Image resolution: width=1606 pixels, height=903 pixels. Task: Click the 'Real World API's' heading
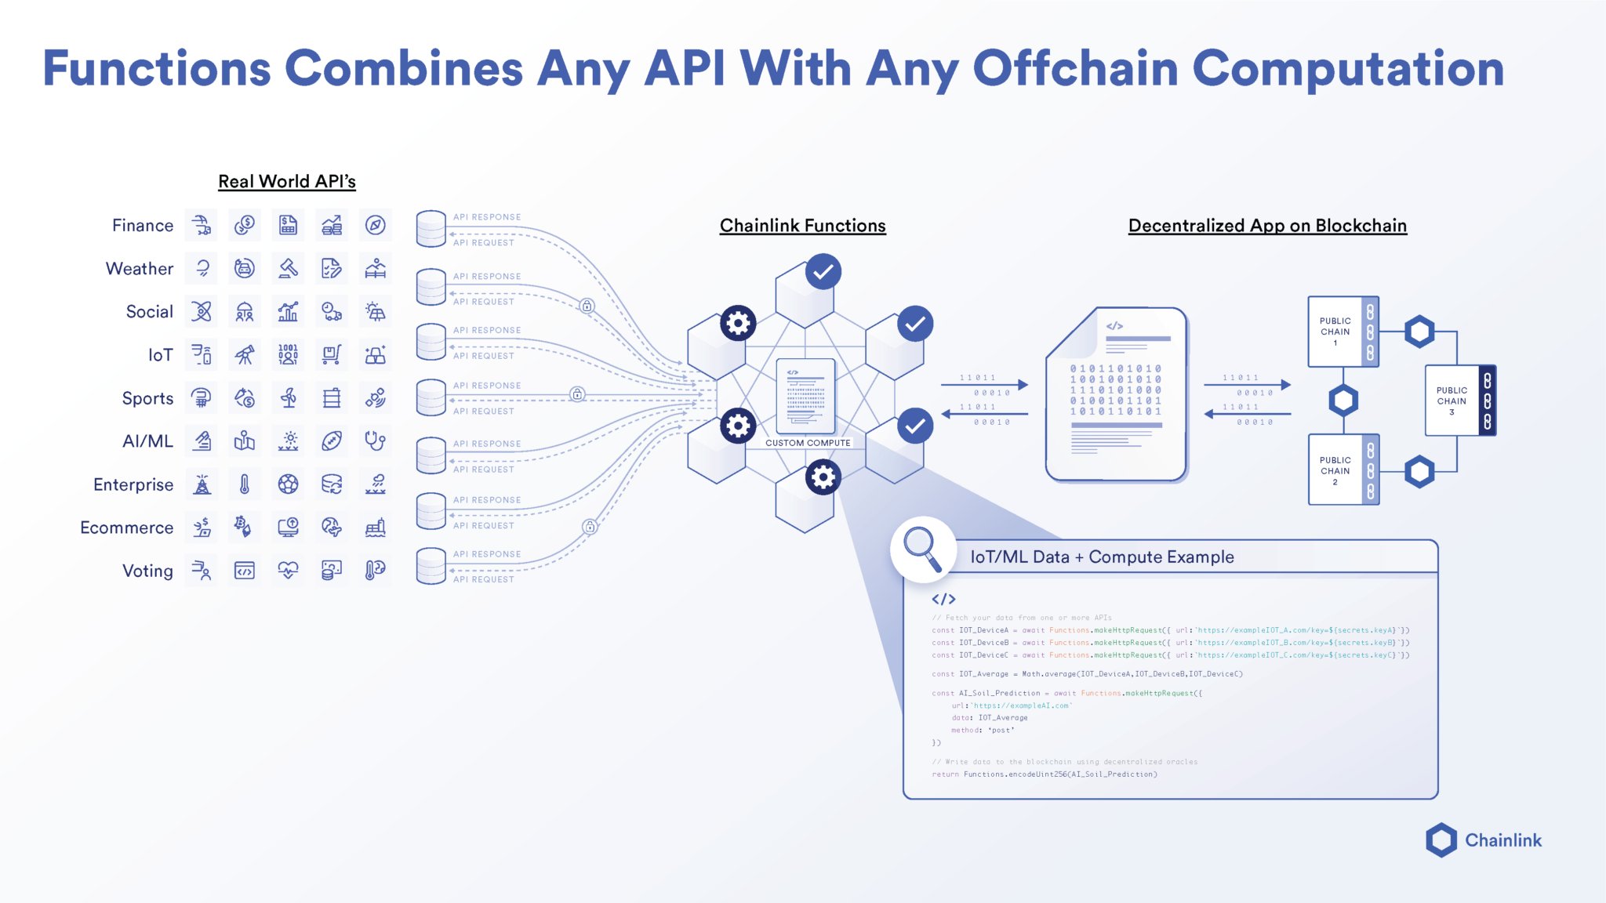pyautogui.click(x=286, y=181)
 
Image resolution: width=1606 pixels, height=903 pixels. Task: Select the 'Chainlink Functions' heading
pyautogui.click(x=802, y=226)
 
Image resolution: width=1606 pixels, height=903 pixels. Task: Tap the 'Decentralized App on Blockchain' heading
pyautogui.click(x=1267, y=226)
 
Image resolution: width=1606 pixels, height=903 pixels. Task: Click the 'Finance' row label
pyautogui.click(x=142, y=226)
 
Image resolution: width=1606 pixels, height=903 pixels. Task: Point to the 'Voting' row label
pyautogui.click(x=147, y=571)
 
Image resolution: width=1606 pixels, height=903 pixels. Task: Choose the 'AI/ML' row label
pyautogui.click(x=147, y=441)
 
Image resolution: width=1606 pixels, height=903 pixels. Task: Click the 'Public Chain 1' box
pyautogui.click(x=1335, y=332)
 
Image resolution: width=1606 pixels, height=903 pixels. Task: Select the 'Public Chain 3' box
pyautogui.click(x=1452, y=401)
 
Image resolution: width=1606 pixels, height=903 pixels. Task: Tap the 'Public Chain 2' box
pyautogui.click(x=1335, y=470)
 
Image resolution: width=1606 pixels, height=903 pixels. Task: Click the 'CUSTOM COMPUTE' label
pyautogui.click(x=808, y=443)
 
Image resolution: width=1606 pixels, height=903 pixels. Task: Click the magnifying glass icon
pyautogui.click(x=922, y=549)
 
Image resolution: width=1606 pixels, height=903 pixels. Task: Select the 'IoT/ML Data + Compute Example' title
pyautogui.click(x=1102, y=557)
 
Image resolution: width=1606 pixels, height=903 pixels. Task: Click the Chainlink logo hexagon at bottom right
pyautogui.click(x=1441, y=840)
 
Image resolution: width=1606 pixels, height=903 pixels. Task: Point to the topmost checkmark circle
pyautogui.click(x=823, y=272)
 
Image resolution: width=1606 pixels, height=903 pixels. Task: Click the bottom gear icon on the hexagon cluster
pyautogui.click(x=823, y=477)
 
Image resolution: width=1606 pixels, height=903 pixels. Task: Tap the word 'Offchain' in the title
pyautogui.click(x=1075, y=69)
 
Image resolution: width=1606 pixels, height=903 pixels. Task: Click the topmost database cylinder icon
pyautogui.click(x=431, y=228)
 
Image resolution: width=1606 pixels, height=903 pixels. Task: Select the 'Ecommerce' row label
pyautogui.click(x=126, y=528)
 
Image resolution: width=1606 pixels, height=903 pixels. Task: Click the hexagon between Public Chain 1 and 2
pyautogui.click(x=1343, y=401)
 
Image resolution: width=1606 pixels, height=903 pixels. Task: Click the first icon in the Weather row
pyautogui.click(x=202, y=269)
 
